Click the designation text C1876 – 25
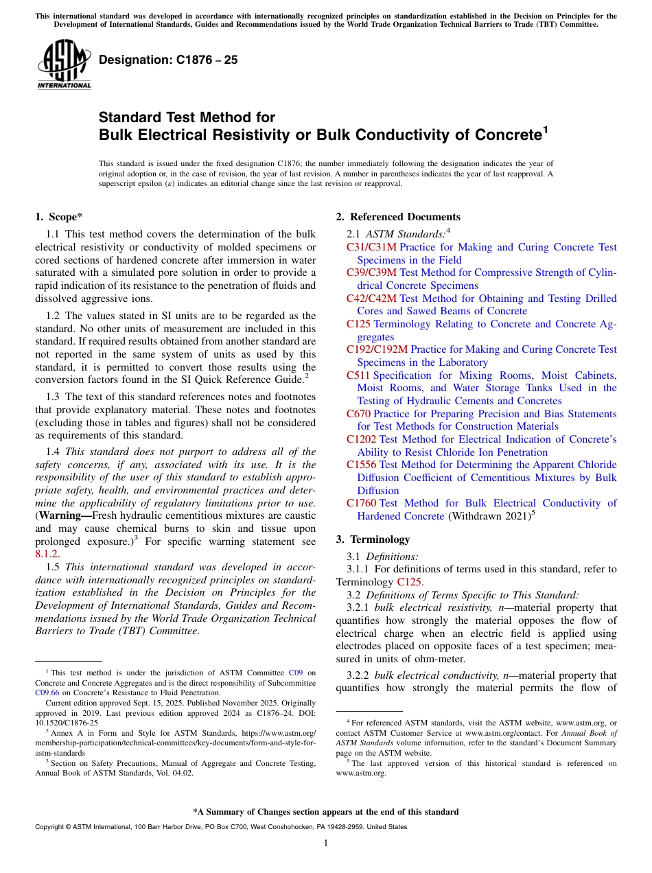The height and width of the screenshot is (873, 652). [x=168, y=60]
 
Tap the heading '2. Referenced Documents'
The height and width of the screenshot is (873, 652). [x=397, y=217]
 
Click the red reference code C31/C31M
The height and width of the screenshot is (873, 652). [x=371, y=247]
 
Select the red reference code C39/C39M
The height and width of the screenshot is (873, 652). [x=371, y=272]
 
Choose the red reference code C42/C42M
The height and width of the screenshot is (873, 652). [x=371, y=299]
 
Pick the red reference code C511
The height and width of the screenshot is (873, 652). [x=358, y=375]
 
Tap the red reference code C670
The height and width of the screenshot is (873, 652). [x=358, y=414]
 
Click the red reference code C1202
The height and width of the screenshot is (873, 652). [x=361, y=439]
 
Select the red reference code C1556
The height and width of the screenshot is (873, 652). [x=361, y=465]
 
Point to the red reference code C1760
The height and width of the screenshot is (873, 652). [x=361, y=503]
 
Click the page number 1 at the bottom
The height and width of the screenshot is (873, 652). [x=326, y=843]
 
